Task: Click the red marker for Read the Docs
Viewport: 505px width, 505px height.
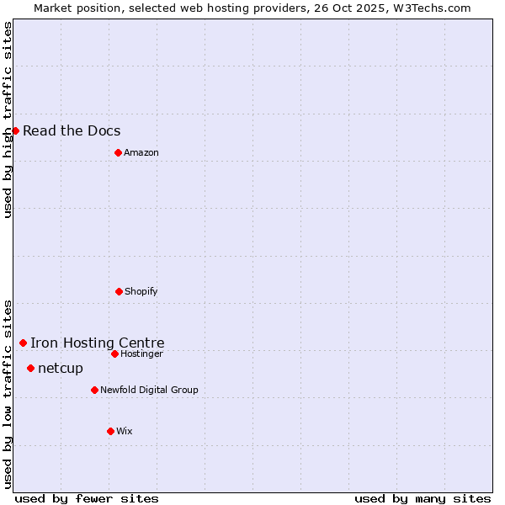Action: click(x=15, y=130)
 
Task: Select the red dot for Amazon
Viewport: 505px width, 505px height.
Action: click(x=118, y=152)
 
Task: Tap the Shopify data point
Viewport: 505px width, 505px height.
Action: click(x=119, y=291)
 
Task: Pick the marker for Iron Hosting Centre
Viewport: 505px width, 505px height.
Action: click(x=23, y=343)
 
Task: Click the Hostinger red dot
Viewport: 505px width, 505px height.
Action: click(x=114, y=353)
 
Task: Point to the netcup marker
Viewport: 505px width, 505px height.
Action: click(x=30, y=368)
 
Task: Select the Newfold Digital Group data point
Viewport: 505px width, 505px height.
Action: click(x=94, y=390)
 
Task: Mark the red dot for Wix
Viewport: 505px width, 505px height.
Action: click(x=110, y=431)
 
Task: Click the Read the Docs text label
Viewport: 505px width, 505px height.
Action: click(x=72, y=130)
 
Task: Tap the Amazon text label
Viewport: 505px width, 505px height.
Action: click(x=141, y=152)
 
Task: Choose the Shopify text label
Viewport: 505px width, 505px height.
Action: click(x=141, y=291)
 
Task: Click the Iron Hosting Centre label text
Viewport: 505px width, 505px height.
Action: click(x=98, y=343)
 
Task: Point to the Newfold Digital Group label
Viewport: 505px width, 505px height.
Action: click(x=150, y=390)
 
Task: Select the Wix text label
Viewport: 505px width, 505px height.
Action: click(x=125, y=431)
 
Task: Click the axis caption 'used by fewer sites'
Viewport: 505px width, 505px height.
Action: click(x=87, y=498)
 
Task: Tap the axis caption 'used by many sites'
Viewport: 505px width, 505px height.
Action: click(x=423, y=498)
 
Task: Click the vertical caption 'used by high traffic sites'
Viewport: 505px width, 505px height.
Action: click(x=8, y=120)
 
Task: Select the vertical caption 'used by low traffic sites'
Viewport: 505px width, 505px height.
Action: click(x=8, y=394)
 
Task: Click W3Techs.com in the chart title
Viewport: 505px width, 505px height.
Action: click(x=433, y=8)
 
